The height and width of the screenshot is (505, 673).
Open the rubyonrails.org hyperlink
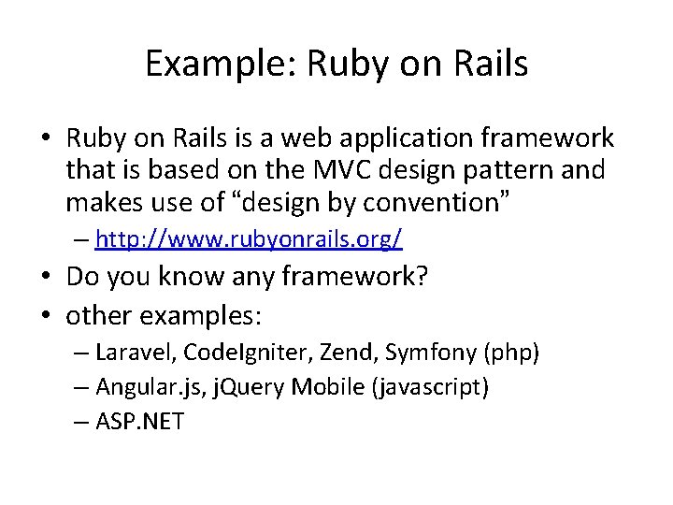(249, 239)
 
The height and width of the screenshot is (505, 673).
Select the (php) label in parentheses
(512, 353)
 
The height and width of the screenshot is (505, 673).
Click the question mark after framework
(419, 277)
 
